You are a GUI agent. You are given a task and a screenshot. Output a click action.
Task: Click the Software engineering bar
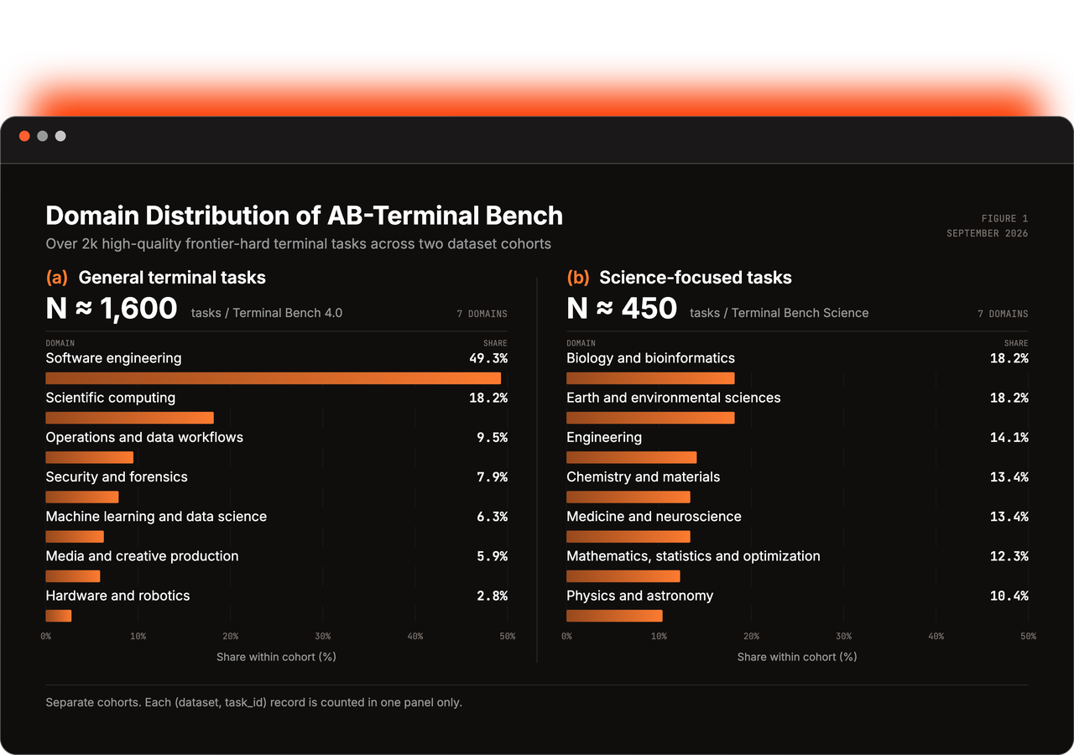pyautogui.click(x=274, y=378)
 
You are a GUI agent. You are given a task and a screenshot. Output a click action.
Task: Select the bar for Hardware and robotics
pyautogui.click(x=59, y=616)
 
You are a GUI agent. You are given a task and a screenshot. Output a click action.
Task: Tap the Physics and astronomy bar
pyautogui.click(x=614, y=616)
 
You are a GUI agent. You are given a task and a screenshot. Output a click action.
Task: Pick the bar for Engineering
pyautogui.click(x=632, y=457)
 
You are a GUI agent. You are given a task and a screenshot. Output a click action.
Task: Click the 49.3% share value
pyautogui.click(x=488, y=358)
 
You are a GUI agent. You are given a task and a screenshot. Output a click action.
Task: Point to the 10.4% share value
pyautogui.click(x=1009, y=596)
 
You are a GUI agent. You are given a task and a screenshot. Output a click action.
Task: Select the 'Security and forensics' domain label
pyautogui.click(x=117, y=476)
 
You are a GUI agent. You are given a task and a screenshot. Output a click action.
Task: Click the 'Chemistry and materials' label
pyautogui.click(x=643, y=476)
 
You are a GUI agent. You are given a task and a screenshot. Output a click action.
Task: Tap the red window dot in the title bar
pyautogui.click(x=24, y=136)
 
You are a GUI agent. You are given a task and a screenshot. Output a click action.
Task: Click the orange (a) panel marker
pyautogui.click(x=56, y=278)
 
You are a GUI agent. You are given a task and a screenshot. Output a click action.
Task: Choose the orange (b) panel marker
pyautogui.click(x=578, y=278)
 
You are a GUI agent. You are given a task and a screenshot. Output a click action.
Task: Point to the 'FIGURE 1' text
pyautogui.click(x=1004, y=219)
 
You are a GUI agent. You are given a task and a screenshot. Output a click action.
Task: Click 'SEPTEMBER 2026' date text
pyautogui.click(x=988, y=233)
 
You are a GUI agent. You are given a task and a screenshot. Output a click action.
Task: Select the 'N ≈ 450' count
pyautogui.click(x=622, y=308)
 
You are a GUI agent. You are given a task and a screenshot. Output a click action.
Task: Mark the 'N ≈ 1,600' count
pyautogui.click(x=112, y=308)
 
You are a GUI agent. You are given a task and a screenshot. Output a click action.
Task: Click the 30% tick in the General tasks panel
pyautogui.click(x=323, y=636)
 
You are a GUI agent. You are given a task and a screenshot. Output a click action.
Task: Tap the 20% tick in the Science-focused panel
pyautogui.click(x=751, y=636)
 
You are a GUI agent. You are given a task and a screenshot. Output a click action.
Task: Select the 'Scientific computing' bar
pyautogui.click(x=129, y=418)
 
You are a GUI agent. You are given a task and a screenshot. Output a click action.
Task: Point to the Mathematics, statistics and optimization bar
pyautogui.click(x=623, y=576)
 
